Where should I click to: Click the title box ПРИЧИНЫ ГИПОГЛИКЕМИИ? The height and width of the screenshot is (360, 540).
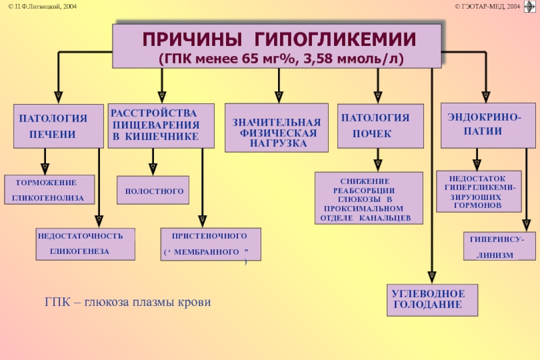tap(277, 46)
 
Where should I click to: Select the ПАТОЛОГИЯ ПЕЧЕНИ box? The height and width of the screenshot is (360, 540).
tap(59, 126)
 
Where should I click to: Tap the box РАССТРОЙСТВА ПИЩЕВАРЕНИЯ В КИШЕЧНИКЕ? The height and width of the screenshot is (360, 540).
tap(161, 126)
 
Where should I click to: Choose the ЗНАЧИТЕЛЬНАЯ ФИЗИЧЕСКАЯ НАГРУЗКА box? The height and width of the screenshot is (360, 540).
tap(277, 128)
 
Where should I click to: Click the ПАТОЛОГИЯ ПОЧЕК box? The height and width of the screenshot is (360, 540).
tap(381, 126)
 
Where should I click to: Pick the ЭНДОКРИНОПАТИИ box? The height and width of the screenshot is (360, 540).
tap(488, 126)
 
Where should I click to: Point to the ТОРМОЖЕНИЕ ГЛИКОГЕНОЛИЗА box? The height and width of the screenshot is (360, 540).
tap(49, 190)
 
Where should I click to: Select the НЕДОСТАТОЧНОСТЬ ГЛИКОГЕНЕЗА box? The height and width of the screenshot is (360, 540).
tap(86, 244)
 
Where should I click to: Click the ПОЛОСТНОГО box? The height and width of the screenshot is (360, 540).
tap(153, 190)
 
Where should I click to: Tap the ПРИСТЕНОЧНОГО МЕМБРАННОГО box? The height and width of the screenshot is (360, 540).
tap(211, 244)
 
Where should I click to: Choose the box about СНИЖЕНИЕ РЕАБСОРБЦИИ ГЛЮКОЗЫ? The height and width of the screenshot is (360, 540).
tap(369, 198)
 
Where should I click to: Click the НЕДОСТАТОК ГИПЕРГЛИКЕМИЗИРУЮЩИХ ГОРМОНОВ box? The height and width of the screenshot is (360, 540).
tap(479, 191)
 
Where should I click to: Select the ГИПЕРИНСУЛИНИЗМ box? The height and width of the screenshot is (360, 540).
tap(500, 246)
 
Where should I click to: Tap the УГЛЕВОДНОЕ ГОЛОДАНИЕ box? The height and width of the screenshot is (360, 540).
tap(432, 300)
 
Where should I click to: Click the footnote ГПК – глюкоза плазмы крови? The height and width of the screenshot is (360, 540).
tap(128, 302)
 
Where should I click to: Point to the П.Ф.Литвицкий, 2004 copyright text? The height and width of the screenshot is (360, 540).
tap(43, 6)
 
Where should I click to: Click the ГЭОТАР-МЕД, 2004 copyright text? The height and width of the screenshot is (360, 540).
tap(487, 6)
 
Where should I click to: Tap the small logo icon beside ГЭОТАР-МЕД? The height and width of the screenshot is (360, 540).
tap(530, 7)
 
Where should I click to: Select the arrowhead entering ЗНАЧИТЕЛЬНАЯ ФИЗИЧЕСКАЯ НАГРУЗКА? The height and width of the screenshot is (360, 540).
tap(279, 97)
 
